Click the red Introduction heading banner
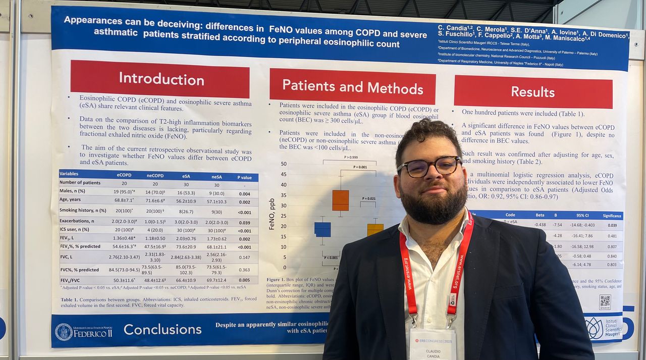pos(160,79)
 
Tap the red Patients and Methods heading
pos(352,86)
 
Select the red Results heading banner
pos(533,91)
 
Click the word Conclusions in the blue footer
pos(163,330)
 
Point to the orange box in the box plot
pos(340,200)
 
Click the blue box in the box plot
pos(322,229)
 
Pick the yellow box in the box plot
pos(375,229)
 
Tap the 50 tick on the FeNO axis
pos(283,164)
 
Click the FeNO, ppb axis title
pos(272,214)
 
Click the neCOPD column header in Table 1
pos(155,175)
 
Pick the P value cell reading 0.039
pos(245,223)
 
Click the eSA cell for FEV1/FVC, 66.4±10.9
pos(186,280)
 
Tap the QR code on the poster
pos(605,302)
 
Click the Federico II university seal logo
pos(64,332)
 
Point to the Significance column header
pos(612,216)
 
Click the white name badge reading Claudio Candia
pos(433,346)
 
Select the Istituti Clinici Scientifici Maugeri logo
pos(604,328)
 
